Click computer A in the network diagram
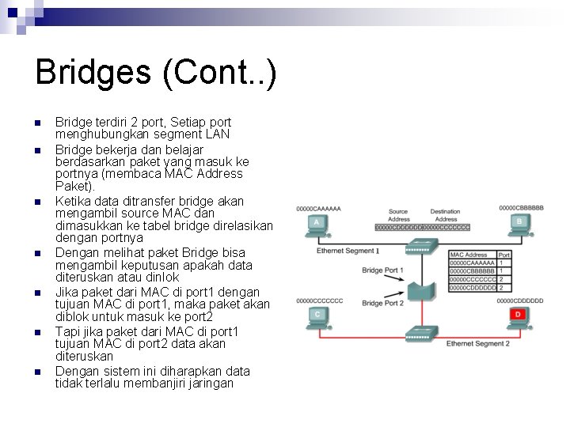(317, 225)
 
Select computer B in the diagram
(519, 225)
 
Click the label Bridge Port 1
(382, 270)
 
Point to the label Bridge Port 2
(382, 303)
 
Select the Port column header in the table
(504, 255)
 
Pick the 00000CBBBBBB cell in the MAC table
(472, 271)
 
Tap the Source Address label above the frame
(398, 215)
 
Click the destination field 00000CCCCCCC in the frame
(446, 227)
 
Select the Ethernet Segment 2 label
(477, 344)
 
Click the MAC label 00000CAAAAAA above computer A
(318, 209)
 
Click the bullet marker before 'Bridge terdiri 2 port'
(37, 123)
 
